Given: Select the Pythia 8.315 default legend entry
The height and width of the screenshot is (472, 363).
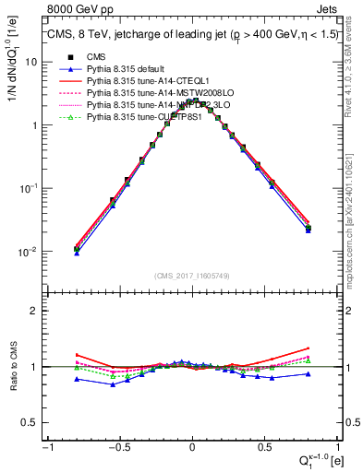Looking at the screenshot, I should pos(122,69).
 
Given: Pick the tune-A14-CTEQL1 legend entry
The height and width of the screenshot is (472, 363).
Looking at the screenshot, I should pos(137,81).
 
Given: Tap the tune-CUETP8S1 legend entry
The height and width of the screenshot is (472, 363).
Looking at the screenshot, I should pos(137,117).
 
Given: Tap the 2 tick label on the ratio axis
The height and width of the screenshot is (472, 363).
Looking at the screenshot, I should pos(35,311).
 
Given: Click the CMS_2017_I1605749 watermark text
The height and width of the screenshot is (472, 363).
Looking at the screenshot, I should pos(192,277).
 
